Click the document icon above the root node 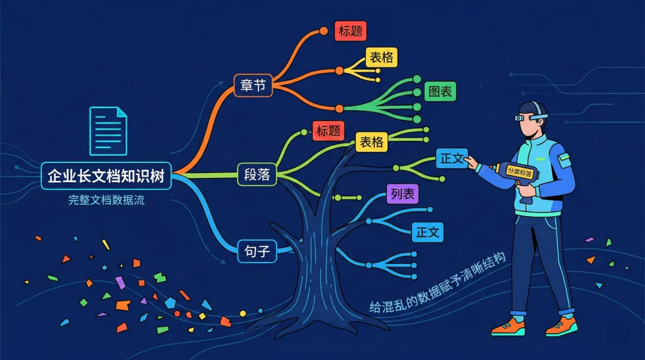point(108,131)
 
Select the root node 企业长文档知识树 point(106,176)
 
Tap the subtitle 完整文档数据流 point(106,200)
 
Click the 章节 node point(253,85)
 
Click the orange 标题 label point(350,31)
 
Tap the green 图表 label point(441,91)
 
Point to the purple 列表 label point(403,194)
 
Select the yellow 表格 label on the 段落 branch point(371,142)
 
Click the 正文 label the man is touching point(451,158)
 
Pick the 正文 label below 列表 point(428,232)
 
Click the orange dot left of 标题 point(324,30)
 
